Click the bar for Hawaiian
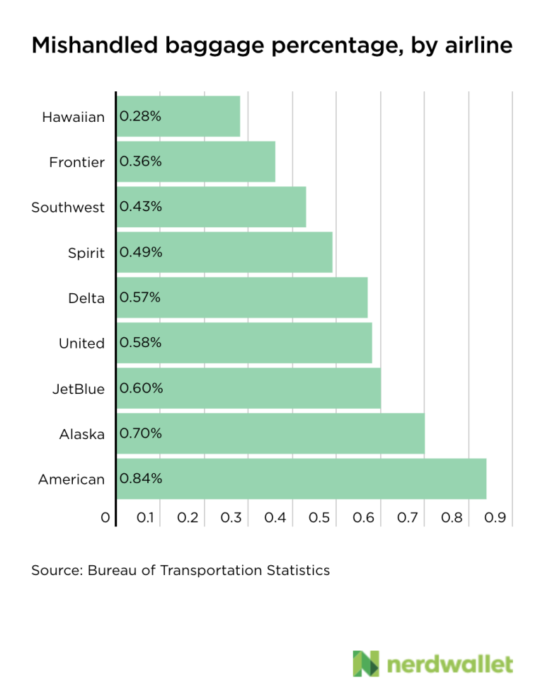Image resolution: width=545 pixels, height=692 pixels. pyautogui.click(x=178, y=116)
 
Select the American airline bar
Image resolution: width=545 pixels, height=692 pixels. pyautogui.click(x=302, y=479)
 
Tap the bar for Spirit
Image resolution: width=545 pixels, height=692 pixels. pyautogui.click(x=224, y=252)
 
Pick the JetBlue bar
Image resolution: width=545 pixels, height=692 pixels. pyautogui.click(x=248, y=388)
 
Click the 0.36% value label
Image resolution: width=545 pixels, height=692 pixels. pyautogui.click(x=141, y=161)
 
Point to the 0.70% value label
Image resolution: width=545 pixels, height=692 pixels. pyautogui.click(x=141, y=433)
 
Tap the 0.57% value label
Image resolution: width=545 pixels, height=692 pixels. pyautogui.click(x=141, y=297)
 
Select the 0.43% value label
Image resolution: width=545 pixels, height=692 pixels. pyautogui.click(x=141, y=207)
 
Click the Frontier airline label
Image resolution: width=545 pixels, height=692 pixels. pyautogui.click(x=76, y=162)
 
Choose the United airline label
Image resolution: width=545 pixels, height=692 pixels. pyautogui.click(x=81, y=344)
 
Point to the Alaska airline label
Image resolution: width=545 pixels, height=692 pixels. pyautogui.click(x=82, y=434)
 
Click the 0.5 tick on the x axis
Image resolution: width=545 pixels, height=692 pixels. pyautogui.click(x=321, y=518)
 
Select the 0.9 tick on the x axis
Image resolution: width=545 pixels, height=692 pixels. pyautogui.click(x=496, y=518)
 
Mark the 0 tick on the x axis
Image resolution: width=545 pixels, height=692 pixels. pyautogui.click(x=105, y=518)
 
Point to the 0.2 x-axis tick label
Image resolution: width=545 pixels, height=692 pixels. pyautogui.click(x=188, y=518)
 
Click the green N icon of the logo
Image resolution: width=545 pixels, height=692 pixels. pyautogui.click(x=366, y=663)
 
